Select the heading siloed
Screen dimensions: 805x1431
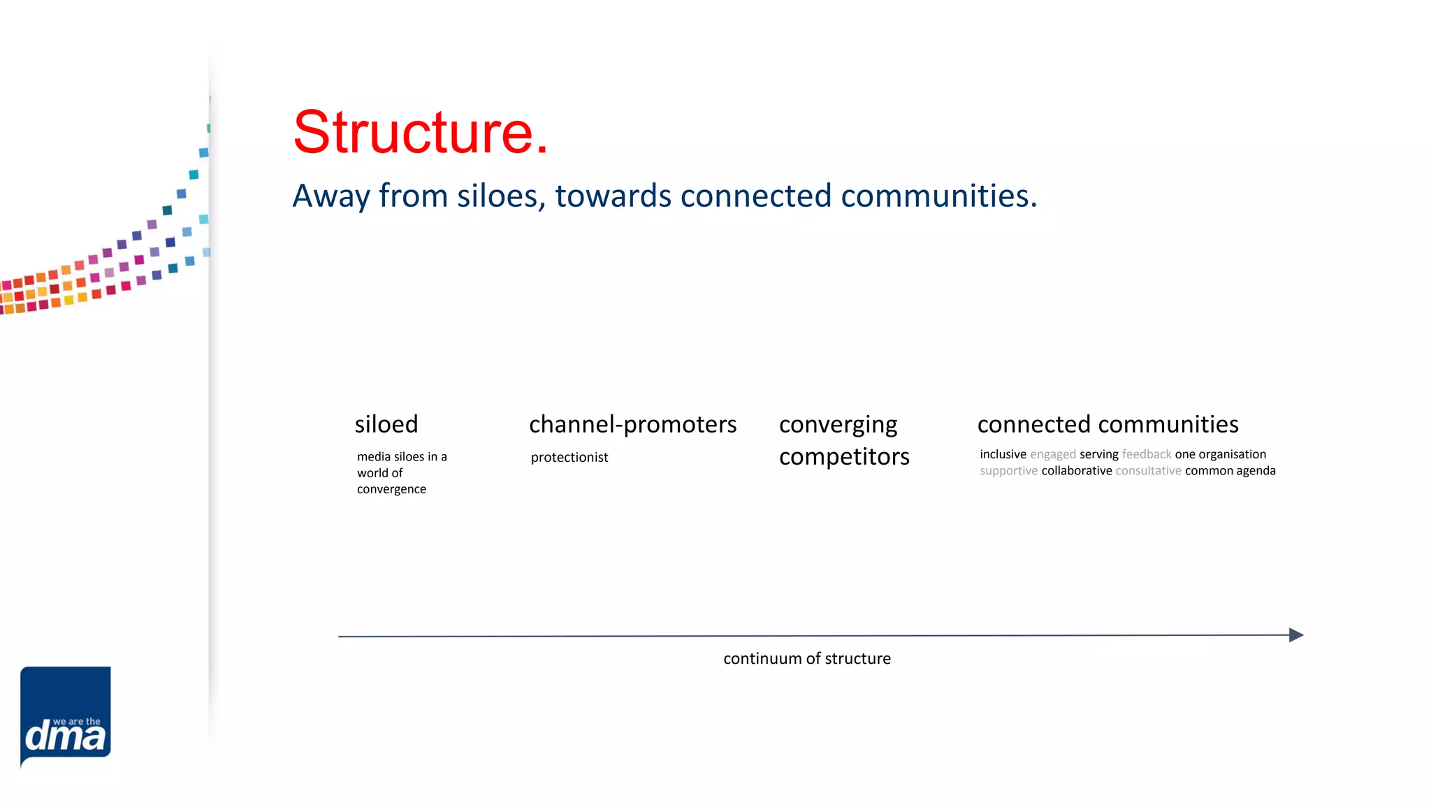[x=386, y=424]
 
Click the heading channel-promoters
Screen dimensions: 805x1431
[x=632, y=424]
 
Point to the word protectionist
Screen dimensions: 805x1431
[x=569, y=458]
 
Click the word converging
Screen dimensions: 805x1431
[x=838, y=425]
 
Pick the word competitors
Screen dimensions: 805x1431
[x=844, y=457]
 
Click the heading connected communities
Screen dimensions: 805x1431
[x=1107, y=424]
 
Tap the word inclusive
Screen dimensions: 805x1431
[x=1003, y=454]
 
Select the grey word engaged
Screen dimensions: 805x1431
[x=1053, y=455]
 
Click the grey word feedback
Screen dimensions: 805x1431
[x=1147, y=454]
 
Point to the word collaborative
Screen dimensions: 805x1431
[x=1077, y=471]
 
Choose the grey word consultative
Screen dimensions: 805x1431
[x=1149, y=471]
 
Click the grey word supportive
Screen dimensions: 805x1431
[x=1008, y=471]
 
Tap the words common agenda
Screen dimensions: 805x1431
[x=1230, y=471]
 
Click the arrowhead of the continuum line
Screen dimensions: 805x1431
[x=1296, y=634]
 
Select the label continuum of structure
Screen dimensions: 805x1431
[x=807, y=659]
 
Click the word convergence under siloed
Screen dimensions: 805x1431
[x=391, y=489]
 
